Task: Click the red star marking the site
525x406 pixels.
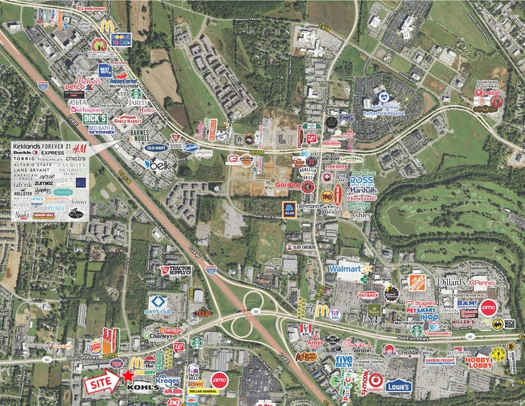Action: click(128, 375)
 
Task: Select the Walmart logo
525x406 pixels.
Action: click(346, 268)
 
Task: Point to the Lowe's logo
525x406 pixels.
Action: click(398, 386)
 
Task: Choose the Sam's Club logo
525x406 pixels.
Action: click(159, 304)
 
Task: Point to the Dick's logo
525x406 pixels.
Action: click(95, 119)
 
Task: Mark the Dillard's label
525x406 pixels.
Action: click(452, 282)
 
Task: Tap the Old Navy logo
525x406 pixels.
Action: click(157, 148)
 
